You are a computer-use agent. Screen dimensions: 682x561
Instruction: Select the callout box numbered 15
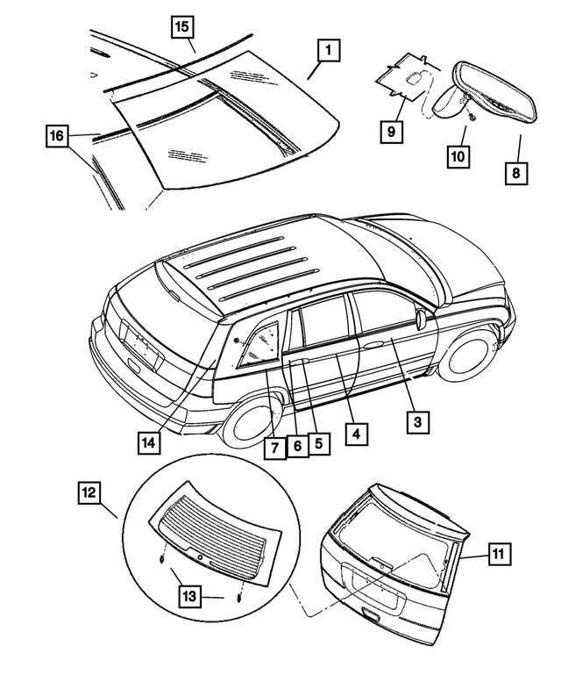[181, 27]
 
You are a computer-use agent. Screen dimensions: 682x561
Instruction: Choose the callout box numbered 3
[417, 422]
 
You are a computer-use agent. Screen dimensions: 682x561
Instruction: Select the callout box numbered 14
[150, 443]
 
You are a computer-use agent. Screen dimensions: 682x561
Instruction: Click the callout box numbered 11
[498, 553]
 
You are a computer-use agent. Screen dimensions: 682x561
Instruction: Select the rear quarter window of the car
[256, 343]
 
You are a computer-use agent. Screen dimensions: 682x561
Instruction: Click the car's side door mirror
[424, 318]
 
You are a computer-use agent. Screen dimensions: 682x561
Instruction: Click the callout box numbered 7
[273, 448]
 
